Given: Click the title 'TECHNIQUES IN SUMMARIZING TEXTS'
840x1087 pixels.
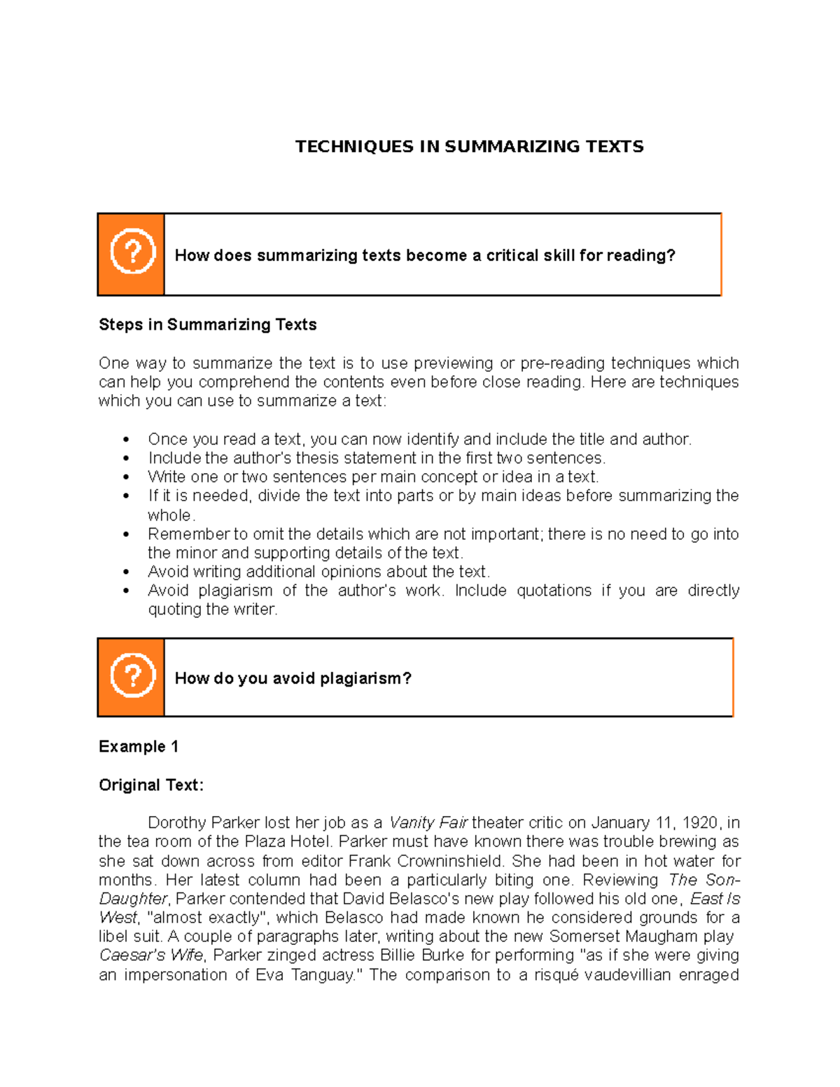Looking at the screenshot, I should click(x=469, y=146).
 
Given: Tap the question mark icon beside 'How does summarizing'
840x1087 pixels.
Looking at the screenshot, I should click(x=132, y=251).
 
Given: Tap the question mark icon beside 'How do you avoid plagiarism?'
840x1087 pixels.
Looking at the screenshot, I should click(x=132, y=675).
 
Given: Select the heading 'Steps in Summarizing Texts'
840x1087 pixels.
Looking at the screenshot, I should click(x=207, y=325).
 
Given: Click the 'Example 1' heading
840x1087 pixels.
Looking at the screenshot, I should click(x=139, y=747).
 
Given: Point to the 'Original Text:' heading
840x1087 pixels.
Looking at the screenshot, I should click(x=151, y=785).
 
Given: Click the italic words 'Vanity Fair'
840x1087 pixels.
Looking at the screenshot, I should click(x=428, y=822).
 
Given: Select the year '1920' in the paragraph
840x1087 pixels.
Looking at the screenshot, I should click(x=699, y=822).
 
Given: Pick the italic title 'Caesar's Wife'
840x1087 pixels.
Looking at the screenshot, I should click(x=151, y=955).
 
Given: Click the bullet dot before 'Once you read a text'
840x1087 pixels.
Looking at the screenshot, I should click(x=126, y=440).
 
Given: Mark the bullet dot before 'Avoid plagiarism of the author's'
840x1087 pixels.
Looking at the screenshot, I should click(x=126, y=591).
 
